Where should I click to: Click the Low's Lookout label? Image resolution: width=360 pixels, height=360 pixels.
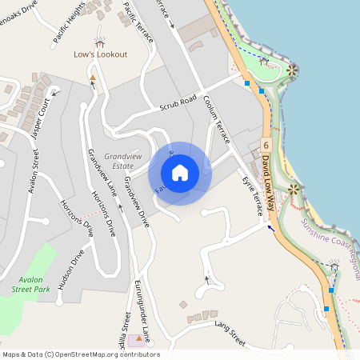100,55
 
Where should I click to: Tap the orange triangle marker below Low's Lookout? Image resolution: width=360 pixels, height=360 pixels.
93,77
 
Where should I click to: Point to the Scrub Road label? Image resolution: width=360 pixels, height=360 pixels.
178,102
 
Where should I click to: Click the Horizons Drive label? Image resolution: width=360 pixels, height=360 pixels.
104,214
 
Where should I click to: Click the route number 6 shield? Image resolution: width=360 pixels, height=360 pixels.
265,144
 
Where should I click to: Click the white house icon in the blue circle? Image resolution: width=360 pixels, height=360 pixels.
180,173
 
